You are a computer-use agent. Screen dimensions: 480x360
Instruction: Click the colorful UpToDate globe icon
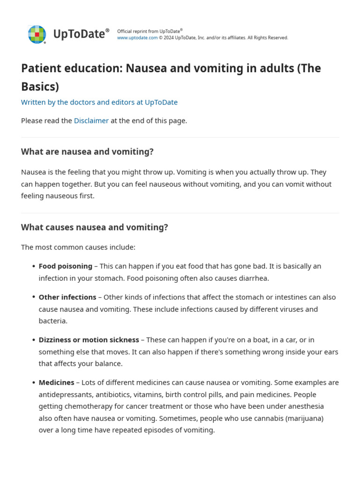point(37,34)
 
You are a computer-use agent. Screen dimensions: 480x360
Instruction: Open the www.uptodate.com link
point(137,38)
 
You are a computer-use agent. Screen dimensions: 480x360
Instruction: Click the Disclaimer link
point(91,120)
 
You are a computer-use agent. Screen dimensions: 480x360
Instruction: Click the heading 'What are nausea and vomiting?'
point(87,152)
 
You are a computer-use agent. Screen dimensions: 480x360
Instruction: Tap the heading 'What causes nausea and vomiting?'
point(94,227)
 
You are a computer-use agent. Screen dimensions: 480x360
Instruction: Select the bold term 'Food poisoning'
point(65,266)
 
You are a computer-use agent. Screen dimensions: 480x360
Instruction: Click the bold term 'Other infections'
point(67,297)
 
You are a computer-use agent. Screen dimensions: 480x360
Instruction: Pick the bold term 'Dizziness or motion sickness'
point(89,340)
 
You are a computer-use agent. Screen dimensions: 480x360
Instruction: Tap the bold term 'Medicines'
point(56,382)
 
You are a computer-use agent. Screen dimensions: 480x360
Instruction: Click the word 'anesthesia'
point(305,406)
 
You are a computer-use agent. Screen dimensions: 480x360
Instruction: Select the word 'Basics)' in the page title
point(40,87)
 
